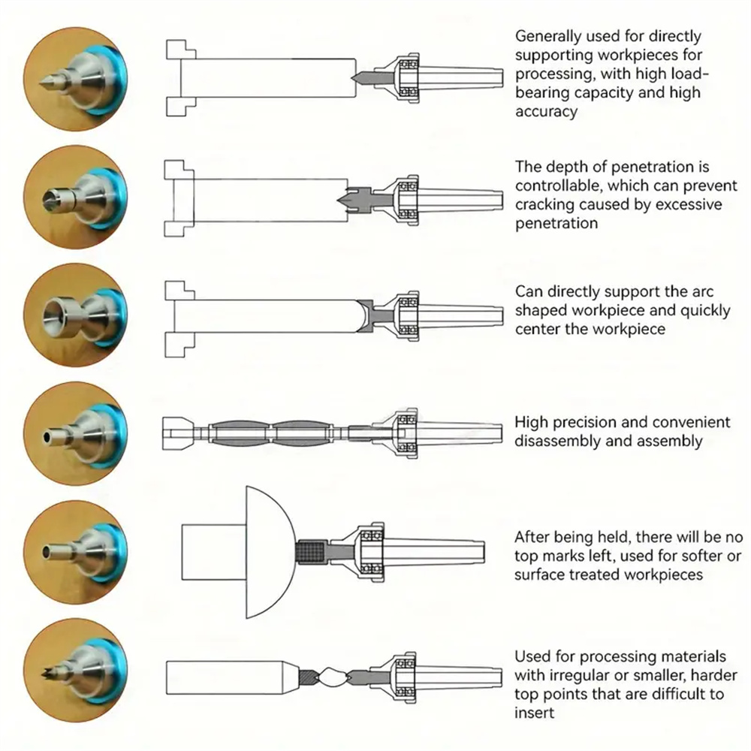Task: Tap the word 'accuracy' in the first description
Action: click(547, 112)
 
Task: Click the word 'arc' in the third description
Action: click(702, 291)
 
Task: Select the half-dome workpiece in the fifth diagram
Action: click(268, 552)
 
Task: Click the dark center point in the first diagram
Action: click(362, 77)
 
